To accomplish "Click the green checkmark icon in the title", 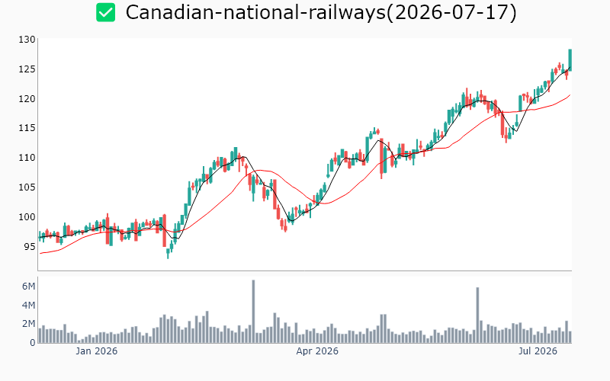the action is pyautogui.click(x=105, y=12).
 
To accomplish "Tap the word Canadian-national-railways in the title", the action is pyautogui.click(x=255, y=12).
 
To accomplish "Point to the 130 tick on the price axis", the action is pyautogui.click(x=27, y=40).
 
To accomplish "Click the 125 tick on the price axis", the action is pyautogui.click(x=27, y=69).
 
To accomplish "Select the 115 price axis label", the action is pyautogui.click(x=27, y=128).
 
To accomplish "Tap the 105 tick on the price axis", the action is pyautogui.click(x=27, y=187).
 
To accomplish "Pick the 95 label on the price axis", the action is pyautogui.click(x=30, y=246).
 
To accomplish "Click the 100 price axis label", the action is pyautogui.click(x=27, y=216).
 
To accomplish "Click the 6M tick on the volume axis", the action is pyautogui.click(x=28, y=287).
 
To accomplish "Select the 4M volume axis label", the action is pyautogui.click(x=28, y=306).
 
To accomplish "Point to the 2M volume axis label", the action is pyautogui.click(x=28, y=324).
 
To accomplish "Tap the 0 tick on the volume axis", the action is pyautogui.click(x=33, y=343).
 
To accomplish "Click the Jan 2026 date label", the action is pyautogui.click(x=97, y=351).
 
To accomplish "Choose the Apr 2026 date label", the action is pyautogui.click(x=317, y=351).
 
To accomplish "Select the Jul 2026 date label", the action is pyautogui.click(x=538, y=351).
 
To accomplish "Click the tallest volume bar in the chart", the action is pyautogui.click(x=253, y=312).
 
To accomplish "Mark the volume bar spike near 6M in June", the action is pyautogui.click(x=477, y=315).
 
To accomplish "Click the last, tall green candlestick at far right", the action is pyautogui.click(x=570, y=60).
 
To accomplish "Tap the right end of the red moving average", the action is pyautogui.click(x=570, y=94).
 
